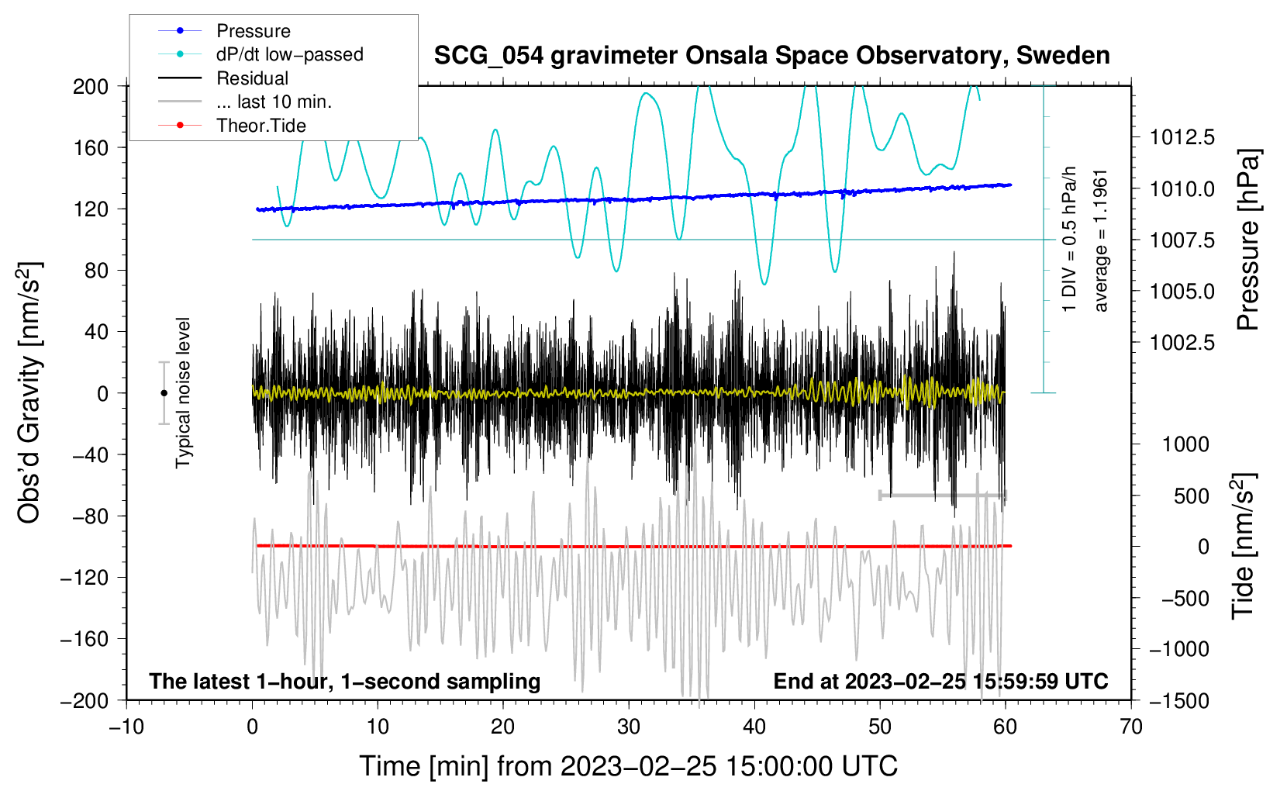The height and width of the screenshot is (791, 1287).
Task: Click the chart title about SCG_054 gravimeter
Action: click(x=771, y=55)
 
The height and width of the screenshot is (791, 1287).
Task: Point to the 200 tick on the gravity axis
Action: click(x=91, y=87)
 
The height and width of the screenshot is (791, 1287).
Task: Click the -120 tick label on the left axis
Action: click(x=85, y=578)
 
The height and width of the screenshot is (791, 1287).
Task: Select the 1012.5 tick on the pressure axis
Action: click(x=1182, y=137)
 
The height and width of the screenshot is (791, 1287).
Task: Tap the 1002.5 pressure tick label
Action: click(x=1182, y=343)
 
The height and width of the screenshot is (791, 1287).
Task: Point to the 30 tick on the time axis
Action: click(x=629, y=727)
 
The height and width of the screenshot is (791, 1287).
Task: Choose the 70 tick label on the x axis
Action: click(x=1130, y=727)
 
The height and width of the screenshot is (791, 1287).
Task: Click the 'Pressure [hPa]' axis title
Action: click(x=1248, y=240)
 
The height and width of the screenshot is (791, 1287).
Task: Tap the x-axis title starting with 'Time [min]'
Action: click(x=629, y=767)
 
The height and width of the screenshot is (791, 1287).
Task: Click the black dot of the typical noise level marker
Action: click(x=164, y=393)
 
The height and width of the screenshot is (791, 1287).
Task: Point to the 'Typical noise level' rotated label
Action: click(x=183, y=393)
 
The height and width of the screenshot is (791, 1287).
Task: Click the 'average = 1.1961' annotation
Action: click(x=1099, y=241)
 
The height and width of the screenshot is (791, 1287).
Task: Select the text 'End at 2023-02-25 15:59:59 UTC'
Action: click(x=940, y=681)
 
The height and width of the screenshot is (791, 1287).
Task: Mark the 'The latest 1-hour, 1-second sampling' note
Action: click(x=345, y=682)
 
